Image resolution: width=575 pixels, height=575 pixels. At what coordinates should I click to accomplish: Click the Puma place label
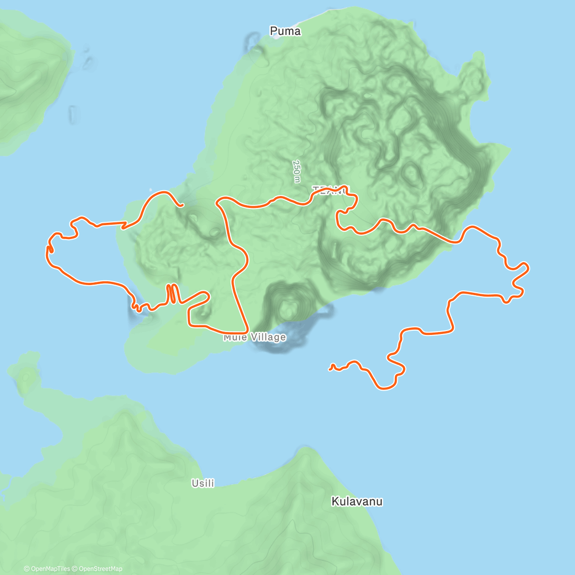tap(285, 32)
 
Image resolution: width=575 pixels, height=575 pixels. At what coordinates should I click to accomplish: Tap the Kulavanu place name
tap(357, 502)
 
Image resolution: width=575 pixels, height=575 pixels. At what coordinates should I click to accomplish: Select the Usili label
tap(203, 483)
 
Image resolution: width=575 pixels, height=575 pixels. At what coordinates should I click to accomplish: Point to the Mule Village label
tap(254, 337)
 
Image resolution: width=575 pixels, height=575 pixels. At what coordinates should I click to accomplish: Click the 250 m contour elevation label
tap(297, 171)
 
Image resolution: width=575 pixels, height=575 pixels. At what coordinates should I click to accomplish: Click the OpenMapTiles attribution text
tap(50, 569)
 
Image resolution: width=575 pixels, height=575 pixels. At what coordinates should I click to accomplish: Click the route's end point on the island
tap(183, 207)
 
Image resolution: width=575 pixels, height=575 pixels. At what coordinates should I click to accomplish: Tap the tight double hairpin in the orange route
tap(172, 294)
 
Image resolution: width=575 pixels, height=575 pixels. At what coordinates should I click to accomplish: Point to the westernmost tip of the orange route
tap(47, 249)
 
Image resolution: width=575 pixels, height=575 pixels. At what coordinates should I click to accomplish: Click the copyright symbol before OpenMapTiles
tap(26, 569)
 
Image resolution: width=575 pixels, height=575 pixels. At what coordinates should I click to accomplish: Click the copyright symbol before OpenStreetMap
tap(75, 569)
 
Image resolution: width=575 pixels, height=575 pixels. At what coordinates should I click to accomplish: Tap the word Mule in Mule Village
tap(235, 337)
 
